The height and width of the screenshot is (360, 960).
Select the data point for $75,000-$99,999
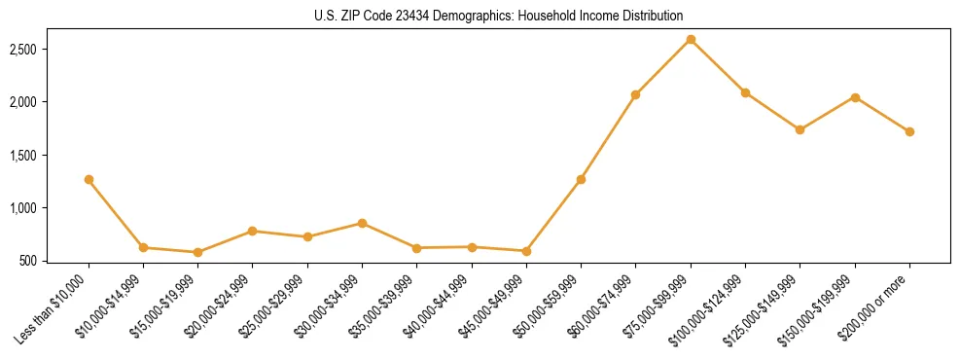pyautogui.click(x=691, y=40)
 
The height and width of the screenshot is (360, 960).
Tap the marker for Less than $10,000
pyautogui.click(x=89, y=179)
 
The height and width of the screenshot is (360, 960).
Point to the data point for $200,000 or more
pyautogui.click(x=909, y=131)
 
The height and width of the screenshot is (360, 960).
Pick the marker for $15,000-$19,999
pyautogui.click(x=198, y=252)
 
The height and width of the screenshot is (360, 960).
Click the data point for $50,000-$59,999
pyautogui.click(x=581, y=179)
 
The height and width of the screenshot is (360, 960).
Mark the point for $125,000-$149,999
pyautogui.click(x=800, y=129)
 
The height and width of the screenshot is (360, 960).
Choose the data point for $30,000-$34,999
pyautogui.click(x=362, y=223)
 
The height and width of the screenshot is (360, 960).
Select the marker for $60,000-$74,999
pyautogui.click(x=635, y=94)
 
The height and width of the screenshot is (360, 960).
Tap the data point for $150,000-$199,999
pyautogui.click(x=855, y=97)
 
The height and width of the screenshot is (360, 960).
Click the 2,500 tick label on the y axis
pyautogui.click(x=37, y=50)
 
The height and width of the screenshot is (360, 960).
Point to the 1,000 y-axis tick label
pyautogui.click(x=37, y=208)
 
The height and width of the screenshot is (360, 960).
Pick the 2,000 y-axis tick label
pyautogui.click(x=37, y=102)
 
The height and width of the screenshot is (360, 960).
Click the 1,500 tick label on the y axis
pyautogui.click(x=37, y=156)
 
